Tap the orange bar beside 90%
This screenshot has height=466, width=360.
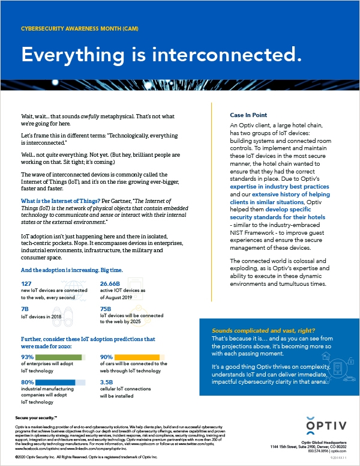[139, 357]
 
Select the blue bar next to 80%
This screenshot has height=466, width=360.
[56, 382]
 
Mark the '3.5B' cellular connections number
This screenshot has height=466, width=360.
[107, 381]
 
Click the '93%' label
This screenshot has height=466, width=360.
[27, 357]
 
